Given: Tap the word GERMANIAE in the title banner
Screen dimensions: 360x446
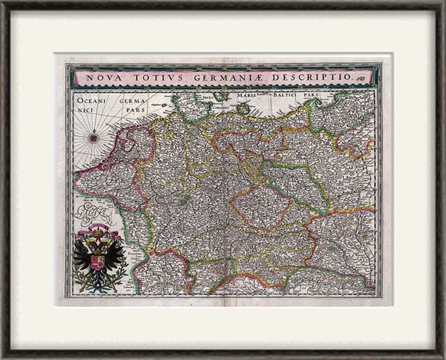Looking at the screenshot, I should [x=218, y=78].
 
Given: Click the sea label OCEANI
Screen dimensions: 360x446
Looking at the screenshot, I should [x=92, y=99].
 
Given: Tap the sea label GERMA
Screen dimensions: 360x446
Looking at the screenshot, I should [x=134, y=100].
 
